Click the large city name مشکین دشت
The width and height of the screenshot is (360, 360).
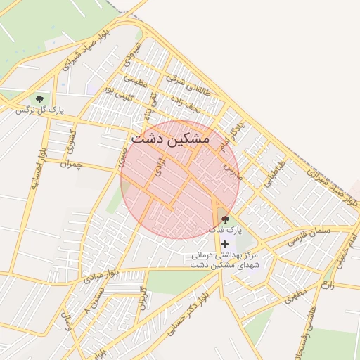tap(170, 139)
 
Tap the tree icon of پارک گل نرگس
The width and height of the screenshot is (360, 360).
tap(39, 98)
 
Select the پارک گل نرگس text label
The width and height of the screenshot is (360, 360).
tap(35, 110)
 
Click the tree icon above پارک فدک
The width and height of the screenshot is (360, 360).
tap(225, 219)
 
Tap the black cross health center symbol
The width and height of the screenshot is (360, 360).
tap(224, 244)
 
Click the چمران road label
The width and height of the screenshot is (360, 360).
tap(72, 165)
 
